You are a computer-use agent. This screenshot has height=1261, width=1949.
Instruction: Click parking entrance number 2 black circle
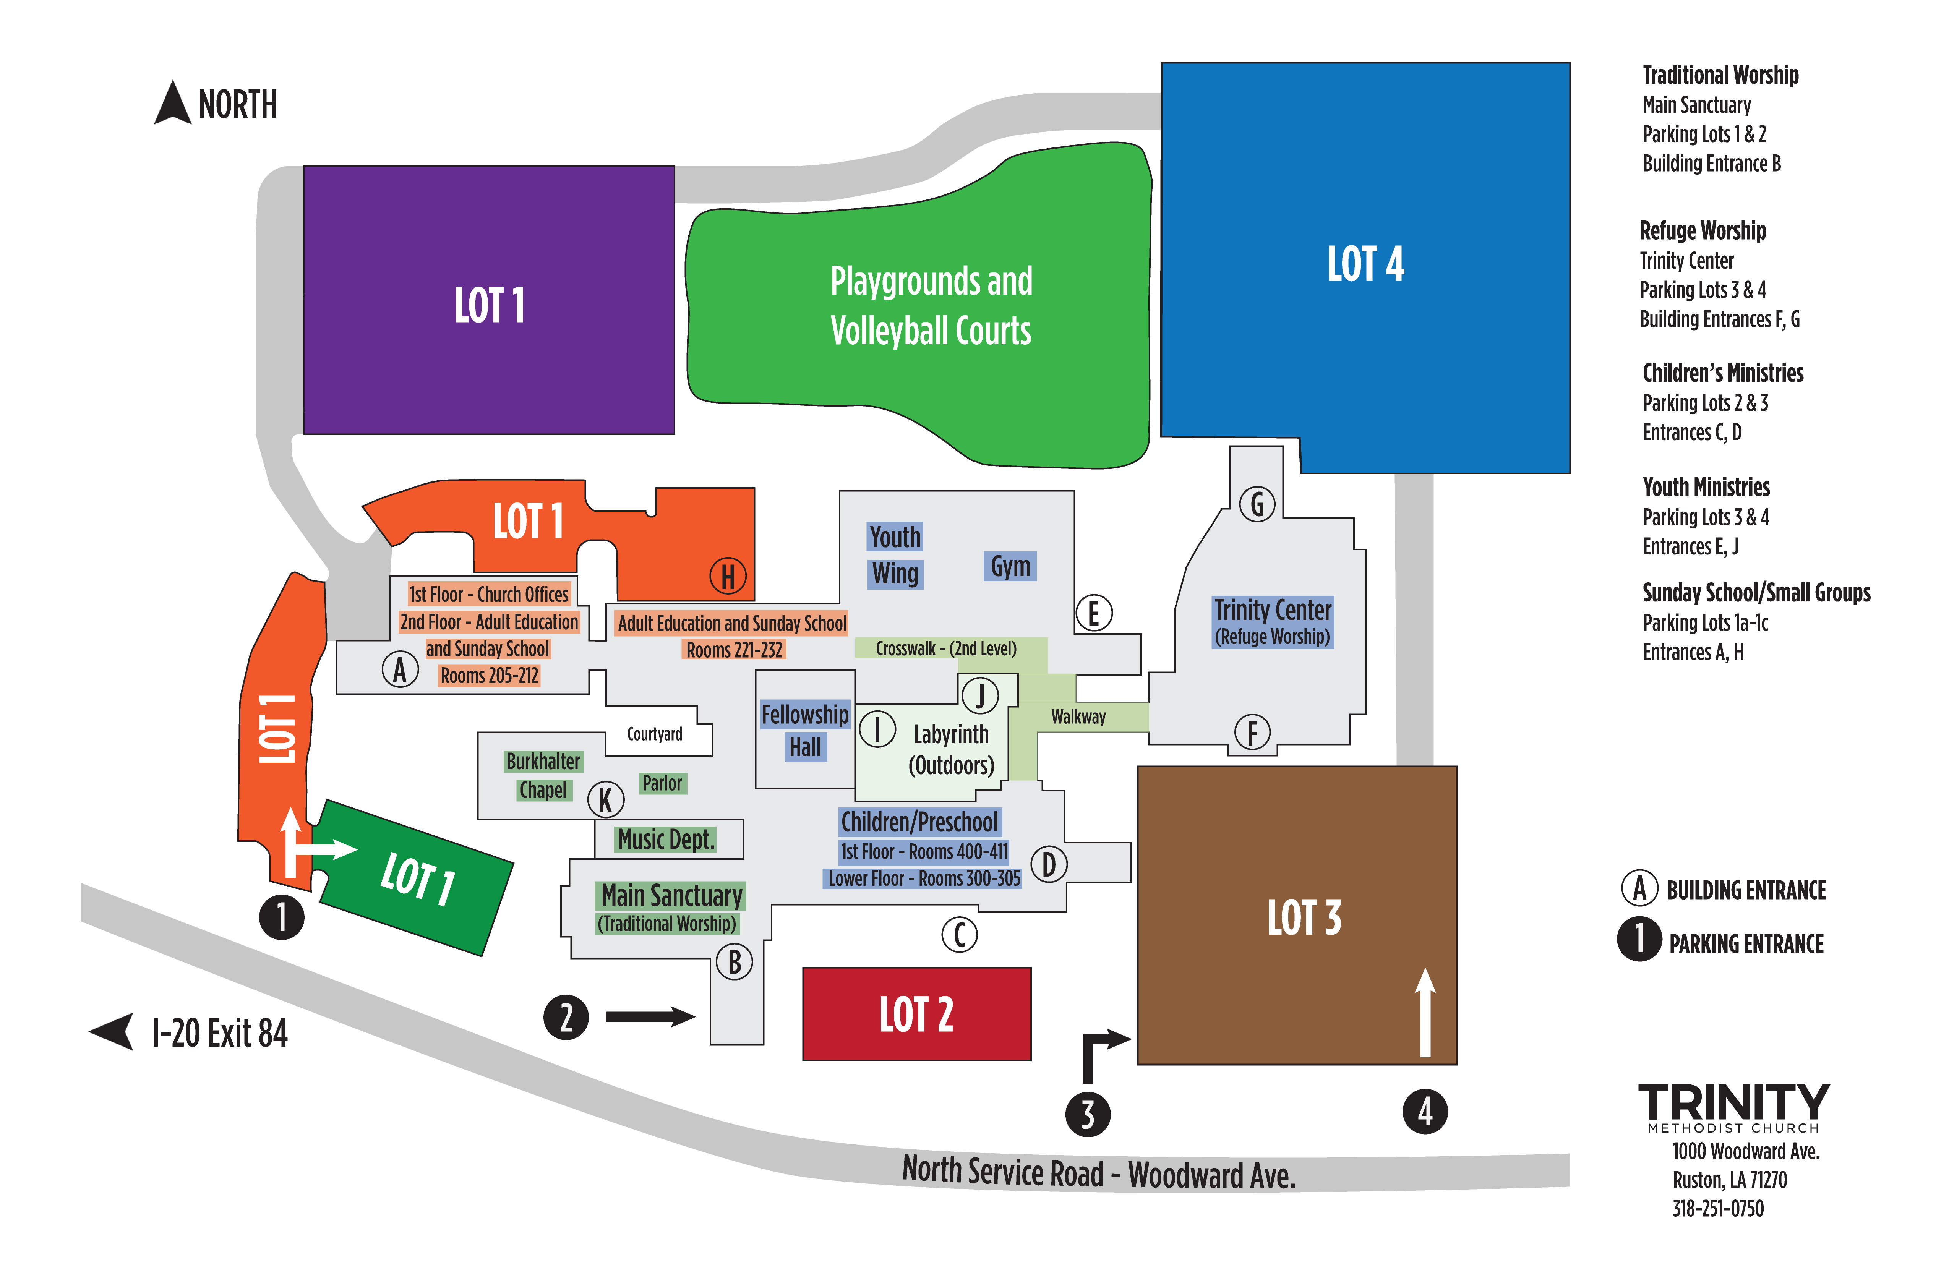566,1018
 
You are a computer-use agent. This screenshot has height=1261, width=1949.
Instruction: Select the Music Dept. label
666,839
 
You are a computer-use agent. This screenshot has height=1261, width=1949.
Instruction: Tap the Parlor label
662,784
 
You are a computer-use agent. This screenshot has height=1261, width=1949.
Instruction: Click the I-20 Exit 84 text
219,1033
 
